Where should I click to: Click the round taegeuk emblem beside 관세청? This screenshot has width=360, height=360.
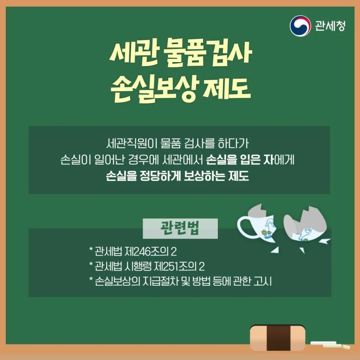click(x=300, y=26)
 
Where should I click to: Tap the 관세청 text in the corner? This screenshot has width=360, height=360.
click(x=330, y=26)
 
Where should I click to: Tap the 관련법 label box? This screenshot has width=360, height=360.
click(x=180, y=229)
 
